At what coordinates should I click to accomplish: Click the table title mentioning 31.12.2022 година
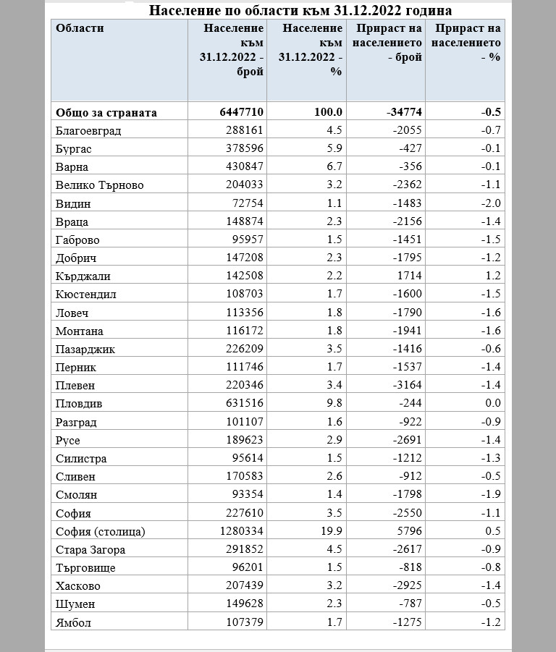click(300, 10)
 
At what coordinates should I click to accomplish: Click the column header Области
click(80, 28)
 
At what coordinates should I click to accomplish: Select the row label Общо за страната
click(106, 112)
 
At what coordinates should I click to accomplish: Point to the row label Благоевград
click(88, 131)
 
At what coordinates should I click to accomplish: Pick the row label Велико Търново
click(99, 185)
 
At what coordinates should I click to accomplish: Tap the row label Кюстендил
click(85, 295)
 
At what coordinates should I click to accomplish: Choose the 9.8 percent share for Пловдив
click(334, 404)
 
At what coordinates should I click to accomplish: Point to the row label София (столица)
click(100, 531)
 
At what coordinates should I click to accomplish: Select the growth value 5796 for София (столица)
click(409, 531)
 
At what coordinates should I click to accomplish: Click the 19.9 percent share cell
click(331, 531)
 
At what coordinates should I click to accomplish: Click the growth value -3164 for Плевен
click(406, 386)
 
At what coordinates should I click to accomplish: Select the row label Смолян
click(76, 495)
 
